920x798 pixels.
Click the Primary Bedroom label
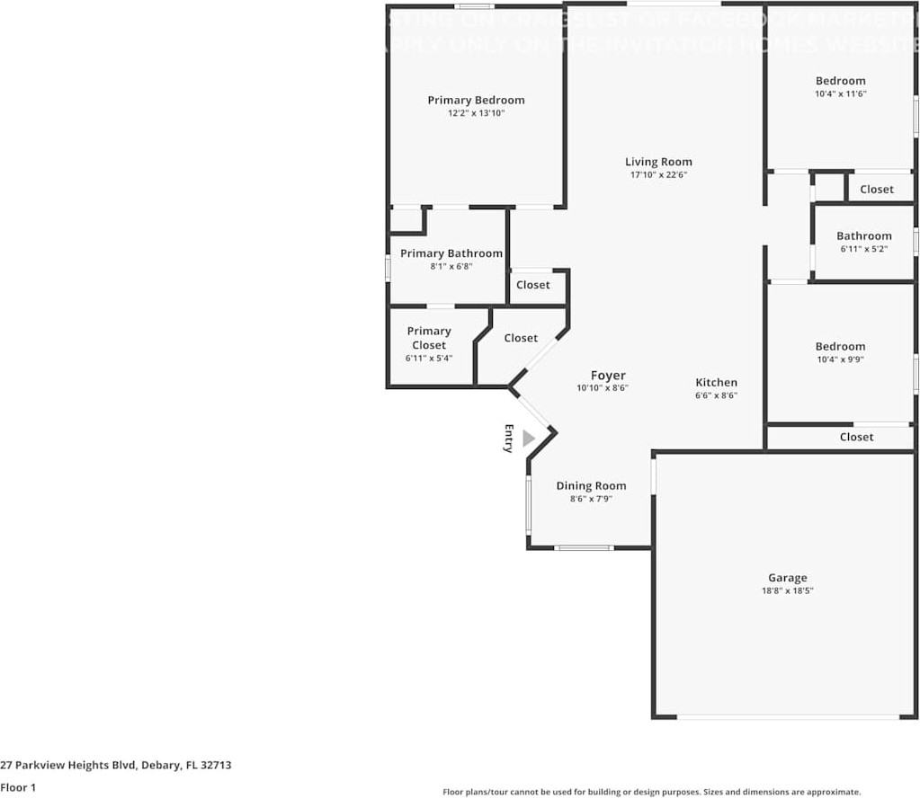(x=476, y=100)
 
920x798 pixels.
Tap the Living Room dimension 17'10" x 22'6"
(x=658, y=175)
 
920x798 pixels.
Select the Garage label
(x=787, y=578)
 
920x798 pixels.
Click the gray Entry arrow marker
(x=528, y=438)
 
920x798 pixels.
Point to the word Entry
(x=508, y=438)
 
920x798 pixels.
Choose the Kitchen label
(x=716, y=382)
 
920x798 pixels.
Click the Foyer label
(x=608, y=376)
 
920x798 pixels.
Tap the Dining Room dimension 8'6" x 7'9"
(x=591, y=499)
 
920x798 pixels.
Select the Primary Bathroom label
(x=451, y=253)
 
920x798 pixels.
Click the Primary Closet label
(x=429, y=338)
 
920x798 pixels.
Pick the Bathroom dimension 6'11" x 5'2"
(x=863, y=249)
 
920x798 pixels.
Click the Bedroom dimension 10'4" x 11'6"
(x=840, y=93)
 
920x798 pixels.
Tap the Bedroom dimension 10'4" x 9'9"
(x=840, y=359)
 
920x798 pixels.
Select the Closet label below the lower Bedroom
(x=856, y=437)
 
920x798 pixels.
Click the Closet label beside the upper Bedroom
(x=876, y=189)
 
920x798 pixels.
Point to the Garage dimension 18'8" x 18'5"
(x=787, y=591)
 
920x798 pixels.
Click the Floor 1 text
(x=18, y=788)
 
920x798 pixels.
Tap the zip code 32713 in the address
(x=217, y=766)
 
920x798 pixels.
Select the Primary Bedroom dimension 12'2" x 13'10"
(x=476, y=113)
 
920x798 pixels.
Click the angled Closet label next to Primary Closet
(x=521, y=338)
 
